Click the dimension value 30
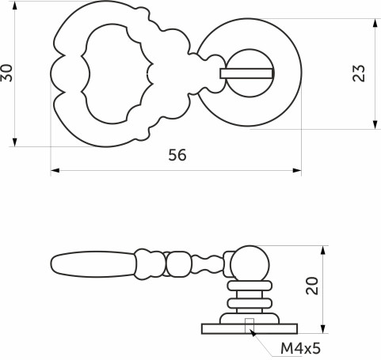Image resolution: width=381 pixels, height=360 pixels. click(x=9, y=74)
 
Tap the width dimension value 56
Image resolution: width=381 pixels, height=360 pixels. click(x=177, y=156)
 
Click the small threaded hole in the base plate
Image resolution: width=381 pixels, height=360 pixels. click(x=250, y=322)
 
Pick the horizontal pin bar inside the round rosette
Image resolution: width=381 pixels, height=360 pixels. click(x=246, y=74)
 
